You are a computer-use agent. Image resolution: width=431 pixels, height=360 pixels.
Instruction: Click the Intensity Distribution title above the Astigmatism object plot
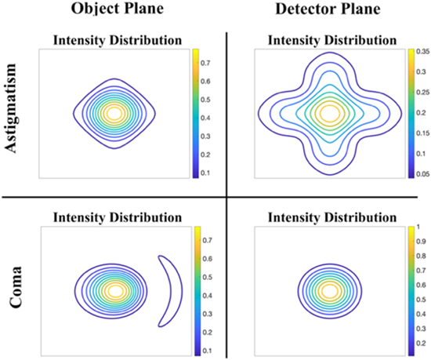116,39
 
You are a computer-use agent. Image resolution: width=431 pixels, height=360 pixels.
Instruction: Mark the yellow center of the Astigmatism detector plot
329,113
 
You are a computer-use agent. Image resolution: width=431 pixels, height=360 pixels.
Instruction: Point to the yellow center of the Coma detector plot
329,290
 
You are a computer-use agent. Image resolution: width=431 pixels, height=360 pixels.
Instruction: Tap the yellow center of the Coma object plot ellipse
116,290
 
